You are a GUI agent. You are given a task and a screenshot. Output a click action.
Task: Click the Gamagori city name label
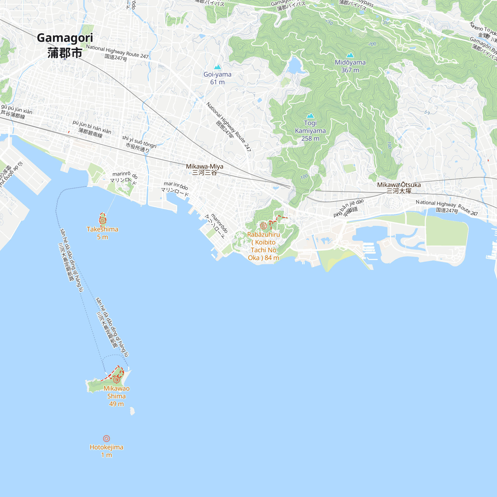click(65, 38)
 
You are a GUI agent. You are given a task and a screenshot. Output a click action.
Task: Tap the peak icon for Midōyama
click(350, 55)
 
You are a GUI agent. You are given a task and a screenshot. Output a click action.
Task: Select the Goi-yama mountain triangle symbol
click(218, 67)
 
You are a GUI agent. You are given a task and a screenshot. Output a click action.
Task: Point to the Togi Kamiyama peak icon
click(310, 116)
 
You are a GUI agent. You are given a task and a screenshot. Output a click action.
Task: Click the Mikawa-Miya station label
click(205, 166)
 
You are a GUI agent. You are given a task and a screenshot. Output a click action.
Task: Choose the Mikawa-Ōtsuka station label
click(399, 185)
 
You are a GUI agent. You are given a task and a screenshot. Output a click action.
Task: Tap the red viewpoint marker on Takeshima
click(102, 220)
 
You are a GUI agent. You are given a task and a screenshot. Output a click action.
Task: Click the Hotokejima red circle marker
click(107, 438)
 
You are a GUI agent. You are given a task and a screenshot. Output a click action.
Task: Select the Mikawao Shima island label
click(117, 392)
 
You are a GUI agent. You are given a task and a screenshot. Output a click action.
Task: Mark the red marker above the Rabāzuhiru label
click(263, 226)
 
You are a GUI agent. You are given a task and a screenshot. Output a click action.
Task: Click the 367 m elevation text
click(350, 70)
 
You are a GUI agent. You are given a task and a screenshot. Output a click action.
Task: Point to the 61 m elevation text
click(217, 82)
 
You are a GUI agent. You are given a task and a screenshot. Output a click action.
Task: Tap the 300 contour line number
click(372, 44)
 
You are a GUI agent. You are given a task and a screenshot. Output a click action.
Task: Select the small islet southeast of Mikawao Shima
click(132, 411)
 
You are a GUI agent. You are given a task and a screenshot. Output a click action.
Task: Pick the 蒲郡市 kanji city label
click(65, 53)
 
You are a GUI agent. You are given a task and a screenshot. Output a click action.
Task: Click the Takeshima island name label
click(102, 229)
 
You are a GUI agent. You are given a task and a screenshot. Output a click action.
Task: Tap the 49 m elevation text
click(116, 404)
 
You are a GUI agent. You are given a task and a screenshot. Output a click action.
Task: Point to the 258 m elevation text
click(310, 138)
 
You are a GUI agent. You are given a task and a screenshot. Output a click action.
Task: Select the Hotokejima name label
click(107, 447)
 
